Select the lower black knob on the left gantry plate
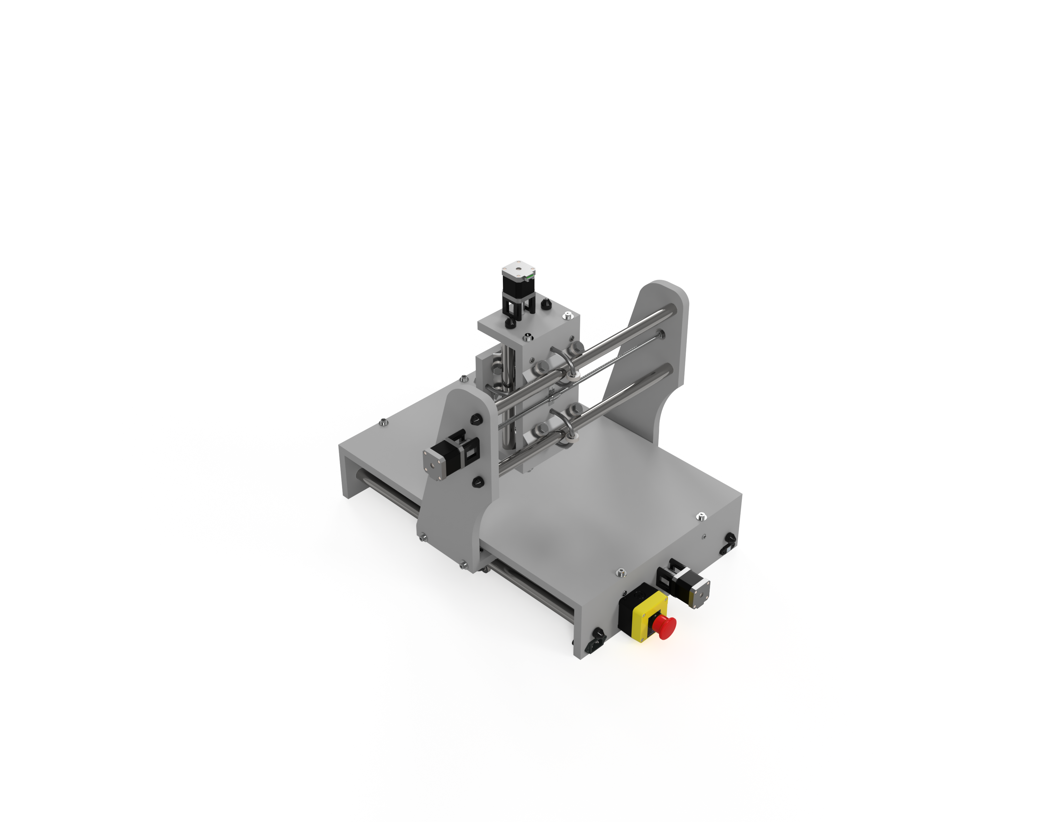(478, 482)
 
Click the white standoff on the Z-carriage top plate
(567, 317)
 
